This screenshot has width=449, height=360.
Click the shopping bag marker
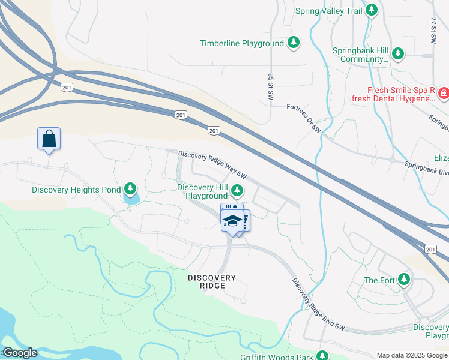pyautogui.click(x=49, y=139)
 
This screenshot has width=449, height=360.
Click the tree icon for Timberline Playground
pyautogui.click(x=293, y=43)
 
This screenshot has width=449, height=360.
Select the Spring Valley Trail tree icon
pyautogui.click(x=372, y=11)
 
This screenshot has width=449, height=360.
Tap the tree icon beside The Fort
pyautogui.click(x=404, y=280)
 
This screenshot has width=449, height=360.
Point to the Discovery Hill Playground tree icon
pyautogui.click(x=237, y=191)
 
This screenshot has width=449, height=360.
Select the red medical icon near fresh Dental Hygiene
pyautogui.click(x=443, y=94)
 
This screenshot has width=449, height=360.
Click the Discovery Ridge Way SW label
pyautogui.click(x=212, y=164)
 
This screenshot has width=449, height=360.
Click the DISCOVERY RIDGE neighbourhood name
pyautogui.click(x=212, y=281)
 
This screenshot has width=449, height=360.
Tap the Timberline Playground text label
pyautogui.click(x=242, y=43)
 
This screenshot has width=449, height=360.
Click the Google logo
pyautogui.click(x=19, y=353)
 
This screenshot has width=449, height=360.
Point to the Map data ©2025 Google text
pyautogui.click(x=412, y=355)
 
